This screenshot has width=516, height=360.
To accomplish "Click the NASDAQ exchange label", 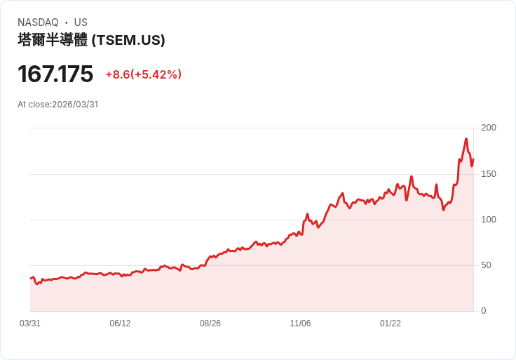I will tap(38, 22).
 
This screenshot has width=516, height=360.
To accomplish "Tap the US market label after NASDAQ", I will tap(81, 22).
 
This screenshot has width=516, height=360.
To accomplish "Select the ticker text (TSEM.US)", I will tap(128, 40).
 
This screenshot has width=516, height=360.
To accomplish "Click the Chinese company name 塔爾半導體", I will tap(53, 40).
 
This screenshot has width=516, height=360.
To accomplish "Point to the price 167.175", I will tap(55, 74).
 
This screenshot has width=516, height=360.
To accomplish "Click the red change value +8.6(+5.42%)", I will tap(144, 74).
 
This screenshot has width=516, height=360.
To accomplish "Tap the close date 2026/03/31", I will tap(75, 105).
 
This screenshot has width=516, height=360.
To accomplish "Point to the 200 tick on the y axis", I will tap(489, 128).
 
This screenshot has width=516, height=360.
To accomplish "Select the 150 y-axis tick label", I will tap(489, 173).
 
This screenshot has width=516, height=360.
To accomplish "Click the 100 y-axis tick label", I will tap(489, 220).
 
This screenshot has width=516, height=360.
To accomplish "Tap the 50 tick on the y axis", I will tap(486, 265).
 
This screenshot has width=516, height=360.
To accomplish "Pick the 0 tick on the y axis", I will tap(484, 311).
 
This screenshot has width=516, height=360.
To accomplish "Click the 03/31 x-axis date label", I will tap(30, 324).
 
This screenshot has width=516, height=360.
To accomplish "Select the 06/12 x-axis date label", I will tap(120, 324).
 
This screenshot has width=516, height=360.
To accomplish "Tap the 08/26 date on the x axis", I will tap(210, 324).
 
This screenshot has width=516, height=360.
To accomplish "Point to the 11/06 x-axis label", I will tap(300, 324).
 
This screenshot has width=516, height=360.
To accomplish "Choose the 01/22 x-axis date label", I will tap(391, 324).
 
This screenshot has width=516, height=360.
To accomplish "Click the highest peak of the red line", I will tap(466, 139).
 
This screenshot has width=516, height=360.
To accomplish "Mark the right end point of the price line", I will tap(473, 159).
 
